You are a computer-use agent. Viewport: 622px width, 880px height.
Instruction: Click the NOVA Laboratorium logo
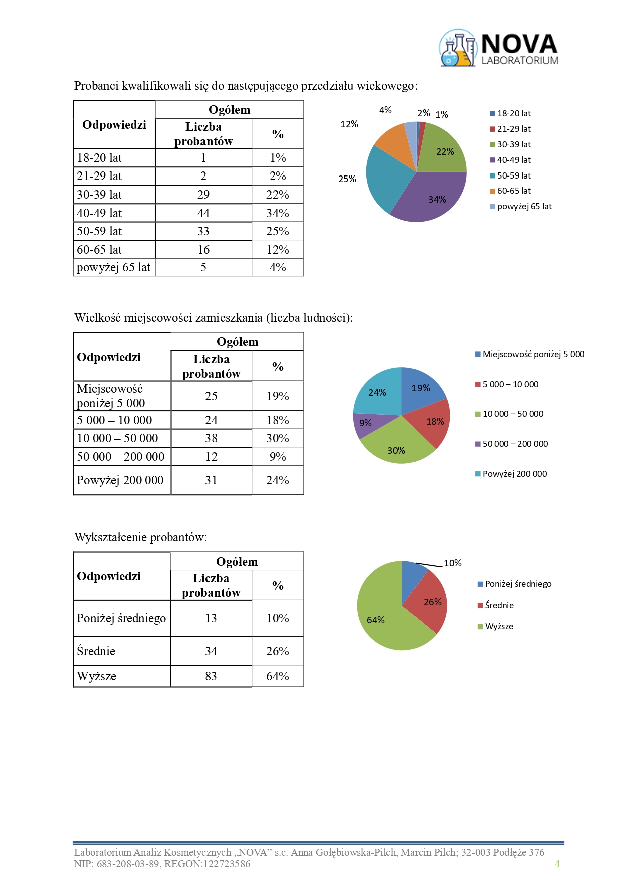pos(499,48)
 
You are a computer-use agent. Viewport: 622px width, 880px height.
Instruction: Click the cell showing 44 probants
pos(203,213)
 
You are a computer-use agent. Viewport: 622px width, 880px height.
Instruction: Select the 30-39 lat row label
pos(99,195)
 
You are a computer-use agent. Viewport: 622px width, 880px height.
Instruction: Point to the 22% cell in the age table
pos(278,195)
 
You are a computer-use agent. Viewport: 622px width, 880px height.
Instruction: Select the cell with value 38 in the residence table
pos(211,438)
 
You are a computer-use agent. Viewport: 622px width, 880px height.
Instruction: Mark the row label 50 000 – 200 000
pos(120,457)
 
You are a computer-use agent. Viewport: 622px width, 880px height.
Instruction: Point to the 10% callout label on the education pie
pos(452,563)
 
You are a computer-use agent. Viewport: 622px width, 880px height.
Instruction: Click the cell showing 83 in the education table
pos(211,676)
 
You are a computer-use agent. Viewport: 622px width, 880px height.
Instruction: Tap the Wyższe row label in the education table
pos(97,676)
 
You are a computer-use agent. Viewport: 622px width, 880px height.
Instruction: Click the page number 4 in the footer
pos(557,864)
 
